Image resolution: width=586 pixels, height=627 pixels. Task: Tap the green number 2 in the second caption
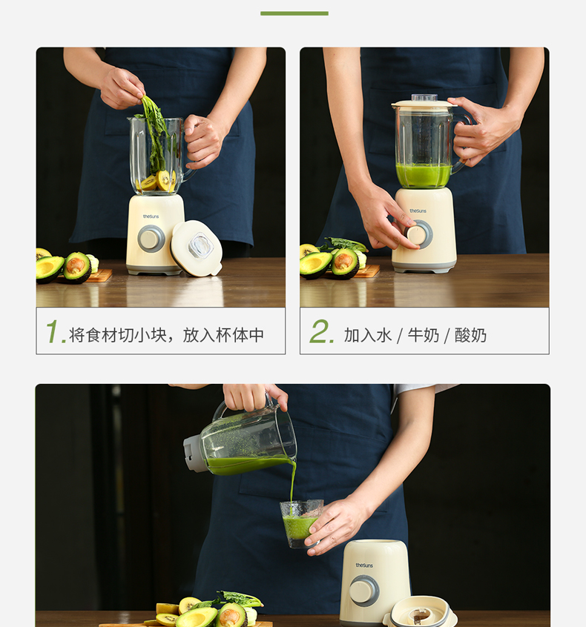point(320,331)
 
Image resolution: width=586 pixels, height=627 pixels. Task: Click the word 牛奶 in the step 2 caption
point(423,335)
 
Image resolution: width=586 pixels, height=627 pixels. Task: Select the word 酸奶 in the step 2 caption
point(470,335)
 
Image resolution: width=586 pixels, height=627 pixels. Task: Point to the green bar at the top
point(294,13)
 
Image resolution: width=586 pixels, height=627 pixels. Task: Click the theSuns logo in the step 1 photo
point(151,216)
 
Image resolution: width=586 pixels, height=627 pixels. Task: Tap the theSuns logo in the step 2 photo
point(418,210)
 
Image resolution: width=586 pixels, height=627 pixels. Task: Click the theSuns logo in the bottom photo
point(364,565)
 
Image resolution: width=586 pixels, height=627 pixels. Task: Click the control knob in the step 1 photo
point(151,239)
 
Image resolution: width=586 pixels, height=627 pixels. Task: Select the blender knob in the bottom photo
point(363,591)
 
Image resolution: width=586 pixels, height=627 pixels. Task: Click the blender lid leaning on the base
point(196,248)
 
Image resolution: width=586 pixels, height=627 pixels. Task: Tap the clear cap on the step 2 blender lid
point(424,98)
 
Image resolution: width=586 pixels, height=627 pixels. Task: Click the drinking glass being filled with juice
point(301,523)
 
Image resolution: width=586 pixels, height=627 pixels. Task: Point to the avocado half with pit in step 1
point(77,267)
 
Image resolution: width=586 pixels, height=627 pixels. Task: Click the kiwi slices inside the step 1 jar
point(157,181)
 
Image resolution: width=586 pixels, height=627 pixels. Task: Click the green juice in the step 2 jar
point(424,175)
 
